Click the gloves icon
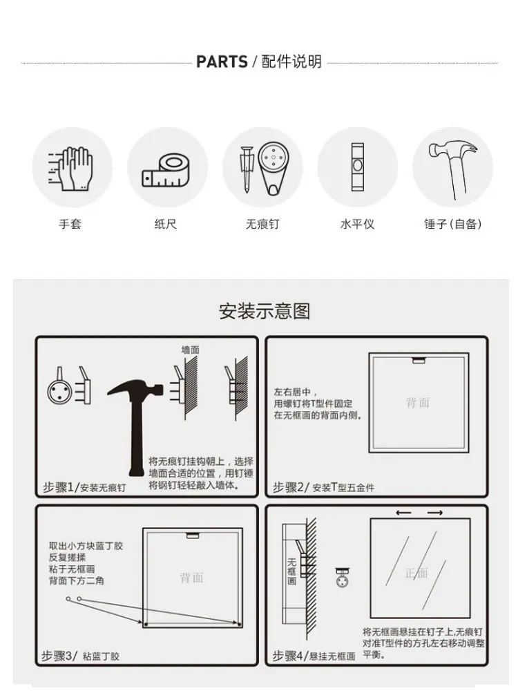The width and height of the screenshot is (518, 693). coord(71,169)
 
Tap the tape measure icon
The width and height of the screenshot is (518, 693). coord(166,171)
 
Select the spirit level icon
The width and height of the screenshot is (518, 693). coord(357,167)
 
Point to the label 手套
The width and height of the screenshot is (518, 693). coord(70,224)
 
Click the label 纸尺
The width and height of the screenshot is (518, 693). coord(165,224)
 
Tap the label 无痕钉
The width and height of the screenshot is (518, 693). coord(262,224)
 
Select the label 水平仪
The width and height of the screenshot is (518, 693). coord(357,224)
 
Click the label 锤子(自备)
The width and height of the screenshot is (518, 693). coord(453,224)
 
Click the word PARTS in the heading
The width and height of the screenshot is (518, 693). coord(222,61)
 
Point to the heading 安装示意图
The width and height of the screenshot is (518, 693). coord(265,311)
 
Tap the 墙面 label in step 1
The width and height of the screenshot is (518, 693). coord(190,350)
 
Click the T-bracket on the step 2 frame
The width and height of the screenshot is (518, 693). coord(419,361)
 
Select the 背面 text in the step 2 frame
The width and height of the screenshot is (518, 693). coord(418,402)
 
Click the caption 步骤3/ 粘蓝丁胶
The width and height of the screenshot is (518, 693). coord(80,656)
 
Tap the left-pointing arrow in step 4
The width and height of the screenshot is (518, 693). coord(403,513)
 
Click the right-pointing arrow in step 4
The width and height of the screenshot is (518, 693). coord(435,513)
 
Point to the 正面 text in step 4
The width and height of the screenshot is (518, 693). coord(416,573)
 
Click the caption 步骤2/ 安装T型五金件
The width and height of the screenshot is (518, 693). coord(323,488)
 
